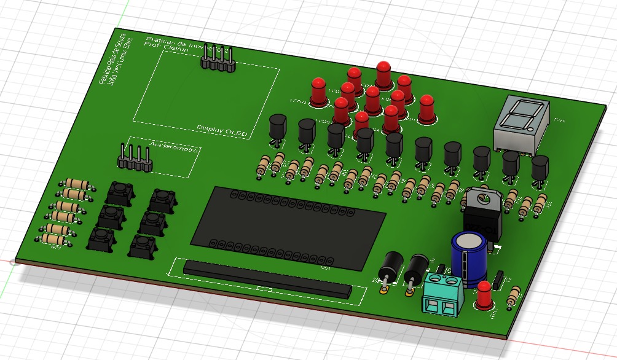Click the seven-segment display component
point(519,123)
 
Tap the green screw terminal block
point(442,293)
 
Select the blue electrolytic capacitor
point(470,258)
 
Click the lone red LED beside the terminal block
point(484,294)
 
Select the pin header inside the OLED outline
point(217,59)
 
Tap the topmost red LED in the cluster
point(383,74)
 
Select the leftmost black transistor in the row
point(277,128)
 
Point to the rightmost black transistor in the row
point(540,169)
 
